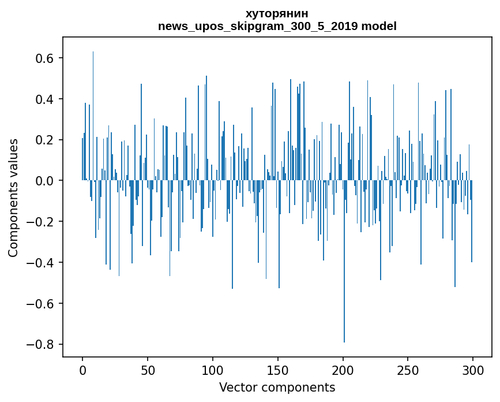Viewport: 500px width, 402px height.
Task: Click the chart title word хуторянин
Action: pos(277,14)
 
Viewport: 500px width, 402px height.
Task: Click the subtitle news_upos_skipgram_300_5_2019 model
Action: pos(277,26)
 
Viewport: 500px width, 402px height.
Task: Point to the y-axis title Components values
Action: pos(13,198)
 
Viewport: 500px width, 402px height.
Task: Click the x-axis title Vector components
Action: pos(277,387)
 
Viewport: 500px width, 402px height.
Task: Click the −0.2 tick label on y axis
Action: pos(40,222)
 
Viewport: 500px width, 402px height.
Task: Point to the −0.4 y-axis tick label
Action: pos(40,263)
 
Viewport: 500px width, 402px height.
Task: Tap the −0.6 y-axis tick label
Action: pos(40,303)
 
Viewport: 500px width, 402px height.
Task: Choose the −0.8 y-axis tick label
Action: pos(40,344)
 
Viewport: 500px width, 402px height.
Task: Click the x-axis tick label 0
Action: pos(82,370)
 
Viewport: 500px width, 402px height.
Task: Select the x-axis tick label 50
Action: pos(148,370)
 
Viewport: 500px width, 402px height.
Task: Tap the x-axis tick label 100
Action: pos(213,370)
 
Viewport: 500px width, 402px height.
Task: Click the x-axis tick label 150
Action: pos(278,370)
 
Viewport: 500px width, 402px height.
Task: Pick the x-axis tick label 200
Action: pos(343,370)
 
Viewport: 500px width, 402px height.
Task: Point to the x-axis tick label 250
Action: pos(408,370)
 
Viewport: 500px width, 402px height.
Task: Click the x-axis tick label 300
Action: pos(473,370)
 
